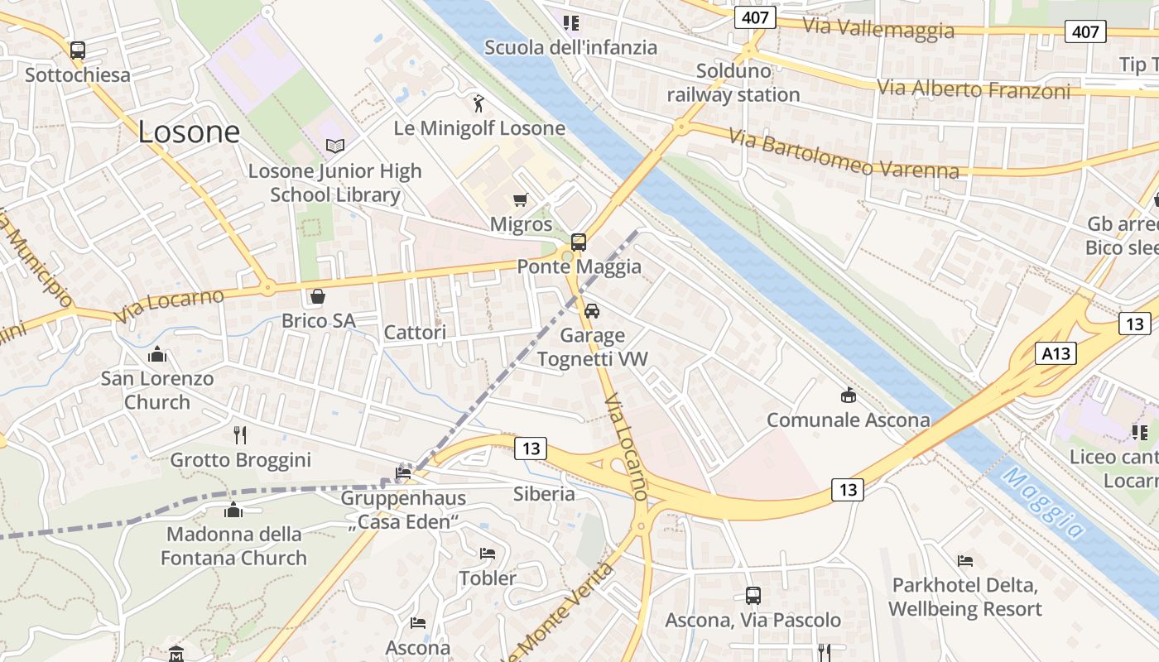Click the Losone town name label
[x=189, y=132]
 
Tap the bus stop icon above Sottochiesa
[x=78, y=50]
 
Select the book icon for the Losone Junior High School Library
[x=334, y=146]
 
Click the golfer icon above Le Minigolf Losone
[x=479, y=103]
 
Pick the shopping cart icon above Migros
[x=521, y=199]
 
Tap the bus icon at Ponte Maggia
[x=579, y=242]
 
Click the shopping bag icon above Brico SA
[x=318, y=296]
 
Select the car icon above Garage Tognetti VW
[x=592, y=311]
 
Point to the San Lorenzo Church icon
[x=157, y=355]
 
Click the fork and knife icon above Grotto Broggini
[x=240, y=435]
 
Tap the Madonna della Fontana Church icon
[x=233, y=510]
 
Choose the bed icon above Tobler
[x=488, y=554]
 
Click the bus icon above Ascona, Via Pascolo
[x=753, y=595]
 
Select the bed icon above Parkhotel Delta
[x=965, y=561]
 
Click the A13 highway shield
[x=1056, y=354]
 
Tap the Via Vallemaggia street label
[x=878, y=29]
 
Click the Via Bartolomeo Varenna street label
[x=844, y=154]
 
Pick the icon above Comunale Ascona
[x=848, y=396]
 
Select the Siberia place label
[x=544, y=494]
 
